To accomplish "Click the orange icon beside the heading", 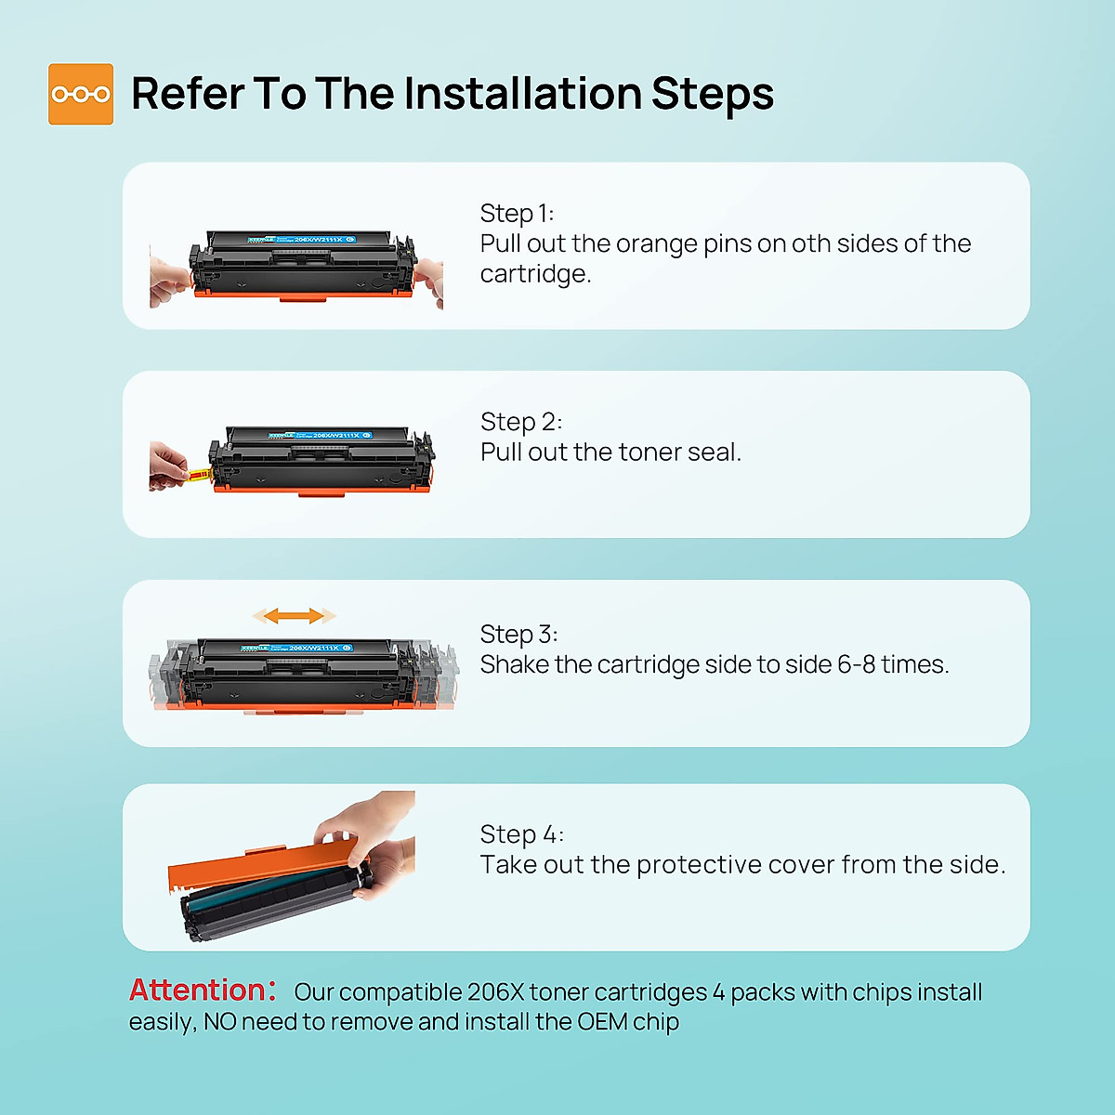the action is [x=81, y=94].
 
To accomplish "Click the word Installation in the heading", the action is [x=522, y=93].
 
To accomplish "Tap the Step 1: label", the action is [x=517, y=214].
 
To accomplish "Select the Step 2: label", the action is [x=520, y=422].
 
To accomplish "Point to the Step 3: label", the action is [x=519, y=635].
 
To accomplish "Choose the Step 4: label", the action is [x=522, y=834].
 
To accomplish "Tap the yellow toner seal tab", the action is [x=199, y=475].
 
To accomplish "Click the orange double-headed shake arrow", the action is [x=294, y=616].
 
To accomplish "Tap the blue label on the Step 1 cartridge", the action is [x=301, y=240].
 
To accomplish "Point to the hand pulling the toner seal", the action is [x=168, y=466].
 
